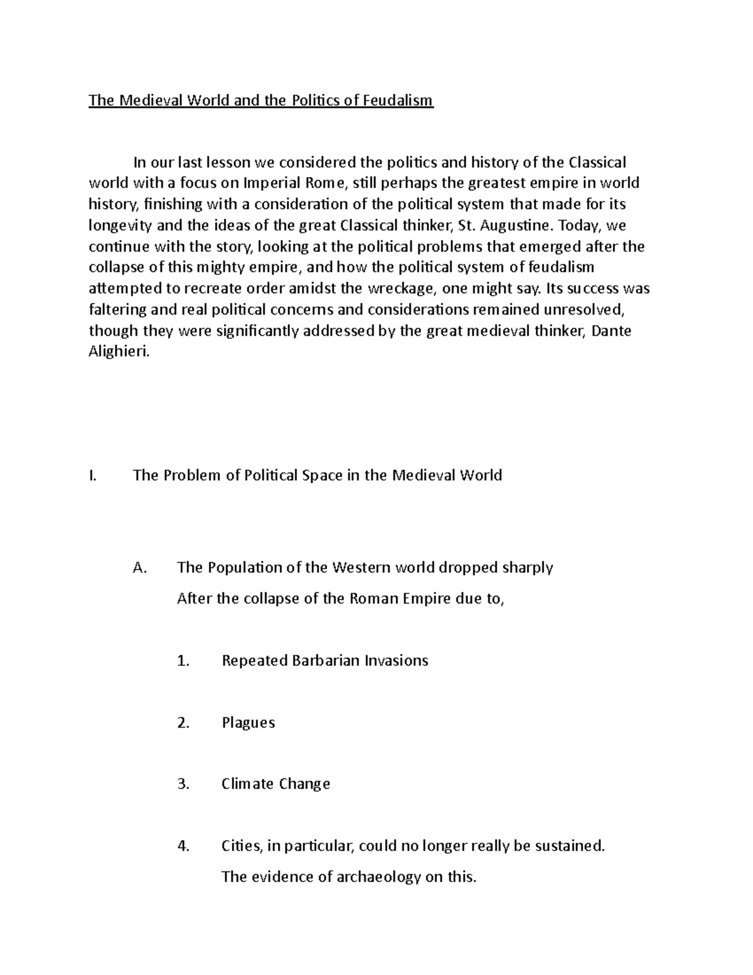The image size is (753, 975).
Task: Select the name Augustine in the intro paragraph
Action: pyautogui.click(x=510, y=225)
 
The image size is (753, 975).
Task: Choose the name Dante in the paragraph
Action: pyautogui.click(x=612, y=330)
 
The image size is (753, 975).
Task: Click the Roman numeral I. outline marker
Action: pyautogui.click(x=93, y=475)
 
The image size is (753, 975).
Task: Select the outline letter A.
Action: pyautogui.click(x=139, y=568)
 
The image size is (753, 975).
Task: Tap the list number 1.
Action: pyautogui.click(x=183, y=660)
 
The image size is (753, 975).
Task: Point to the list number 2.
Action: pyautogui.click(x=183, y=723)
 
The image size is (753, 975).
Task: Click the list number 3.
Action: pyautogui.click(x=183, y=784)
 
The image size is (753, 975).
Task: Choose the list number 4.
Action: pyautogui.click(x=183, y=846)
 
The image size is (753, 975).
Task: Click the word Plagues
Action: pyautogui.click(x=248, y=723)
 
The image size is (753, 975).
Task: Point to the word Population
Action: pyautogui.click(x=243, y=568)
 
